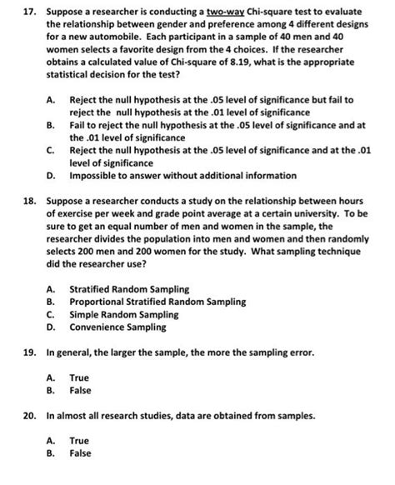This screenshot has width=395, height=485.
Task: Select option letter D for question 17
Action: [52, 176]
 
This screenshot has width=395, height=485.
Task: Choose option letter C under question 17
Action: [52, 151]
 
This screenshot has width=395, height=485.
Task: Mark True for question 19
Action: [79, 377]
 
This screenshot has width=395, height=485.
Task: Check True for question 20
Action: [79, 440]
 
